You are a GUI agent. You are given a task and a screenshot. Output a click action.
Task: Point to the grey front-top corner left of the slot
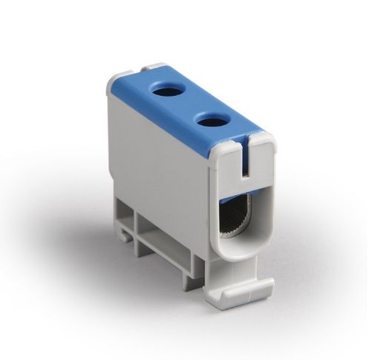226,152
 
